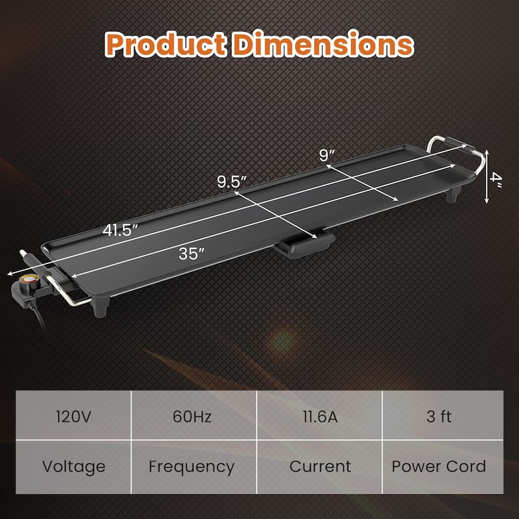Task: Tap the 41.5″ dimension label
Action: [x=120, y=230]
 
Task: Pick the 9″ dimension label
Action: [x=327, y=156]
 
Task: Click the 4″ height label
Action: [x=496, y=176]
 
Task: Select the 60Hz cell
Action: [x=191, y=416]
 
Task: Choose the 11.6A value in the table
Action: [x=320, y=416]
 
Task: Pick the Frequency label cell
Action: [x=191, y=466]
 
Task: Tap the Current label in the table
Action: [x=320, y=466]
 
